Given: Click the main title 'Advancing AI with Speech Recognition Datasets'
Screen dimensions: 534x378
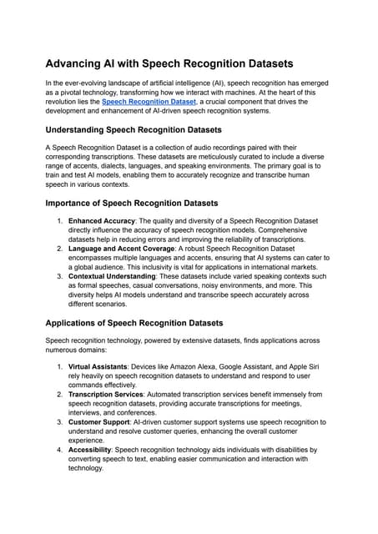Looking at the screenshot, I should coord(184,65).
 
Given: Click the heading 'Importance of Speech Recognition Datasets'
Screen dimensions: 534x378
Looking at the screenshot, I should coord(131,203).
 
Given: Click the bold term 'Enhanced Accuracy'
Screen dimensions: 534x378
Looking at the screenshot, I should coord(104,221).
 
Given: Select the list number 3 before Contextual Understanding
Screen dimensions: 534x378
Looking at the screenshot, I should coord(59,275).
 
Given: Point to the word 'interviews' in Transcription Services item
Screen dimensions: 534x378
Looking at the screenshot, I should coord(87,436).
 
